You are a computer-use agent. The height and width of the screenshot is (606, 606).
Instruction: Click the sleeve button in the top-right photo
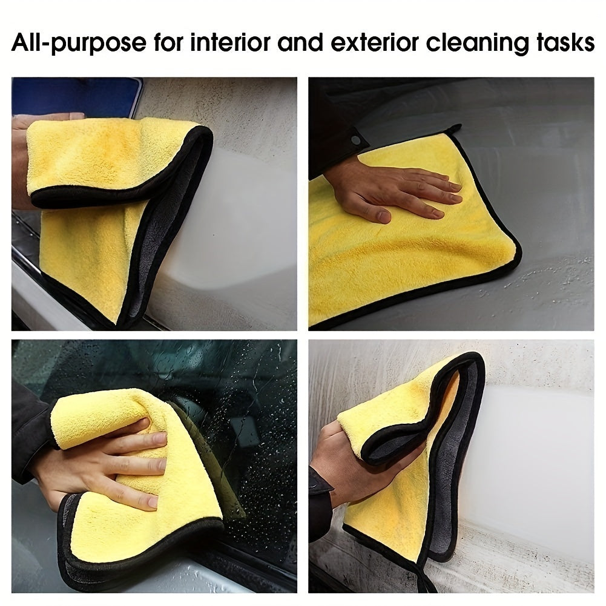click(355, 140)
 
